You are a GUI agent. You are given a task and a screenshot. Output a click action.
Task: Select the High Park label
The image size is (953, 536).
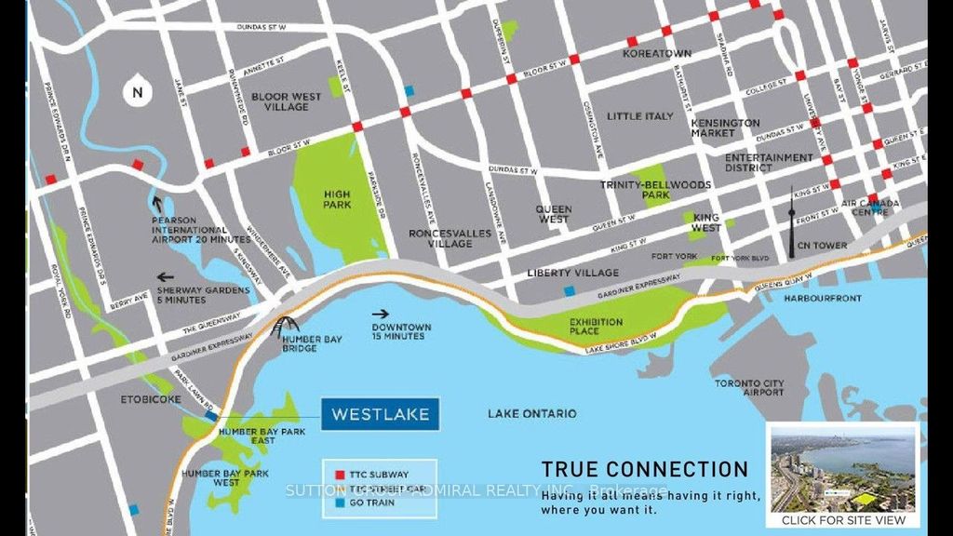click(x=337, y=199)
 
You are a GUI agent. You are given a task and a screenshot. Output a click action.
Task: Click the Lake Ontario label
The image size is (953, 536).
click(x=532, y=413)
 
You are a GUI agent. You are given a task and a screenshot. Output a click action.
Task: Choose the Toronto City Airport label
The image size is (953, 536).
click(x=749, y=388)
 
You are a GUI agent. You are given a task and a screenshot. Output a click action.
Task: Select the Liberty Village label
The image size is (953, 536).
click(x=572, y=273)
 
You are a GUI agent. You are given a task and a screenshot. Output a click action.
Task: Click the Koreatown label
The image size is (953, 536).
click(x=657, y=54)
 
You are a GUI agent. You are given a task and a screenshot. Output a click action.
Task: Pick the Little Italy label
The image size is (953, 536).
click(x=639, y=116)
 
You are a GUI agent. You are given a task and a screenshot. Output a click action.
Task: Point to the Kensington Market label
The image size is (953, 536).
click(x=725, y=127)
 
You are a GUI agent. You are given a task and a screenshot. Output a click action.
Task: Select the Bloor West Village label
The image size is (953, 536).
click(x=287, y=101)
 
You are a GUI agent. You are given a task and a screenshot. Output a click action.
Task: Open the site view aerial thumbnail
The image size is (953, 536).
click(x=842, y=470)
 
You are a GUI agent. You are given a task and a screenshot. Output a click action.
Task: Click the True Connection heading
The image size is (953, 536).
click(x=644, y=470)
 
